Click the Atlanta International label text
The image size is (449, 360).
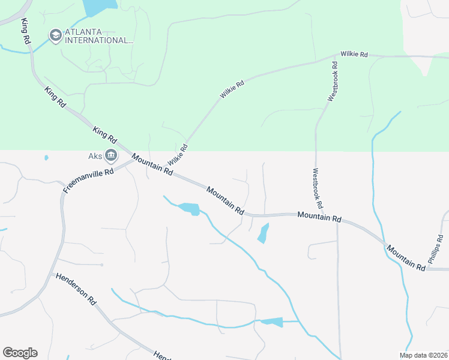(x=99, y=36)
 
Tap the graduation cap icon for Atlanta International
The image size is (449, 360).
(x=56, y=35)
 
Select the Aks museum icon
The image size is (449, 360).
(x=111, y=156)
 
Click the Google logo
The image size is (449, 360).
(x=20, y=353)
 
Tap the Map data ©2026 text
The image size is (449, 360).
(x=423, y=355)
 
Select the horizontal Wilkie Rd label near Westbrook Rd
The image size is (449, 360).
(x=354, y=54)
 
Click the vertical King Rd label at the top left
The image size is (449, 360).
(x=25, y=31)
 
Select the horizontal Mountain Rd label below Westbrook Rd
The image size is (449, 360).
(x=319, y=217)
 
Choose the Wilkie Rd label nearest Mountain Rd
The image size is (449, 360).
(x=178, y=155)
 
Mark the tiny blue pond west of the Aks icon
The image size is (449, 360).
(x=46, y=158)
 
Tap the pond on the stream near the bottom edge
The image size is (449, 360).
(x=271, y=322)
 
